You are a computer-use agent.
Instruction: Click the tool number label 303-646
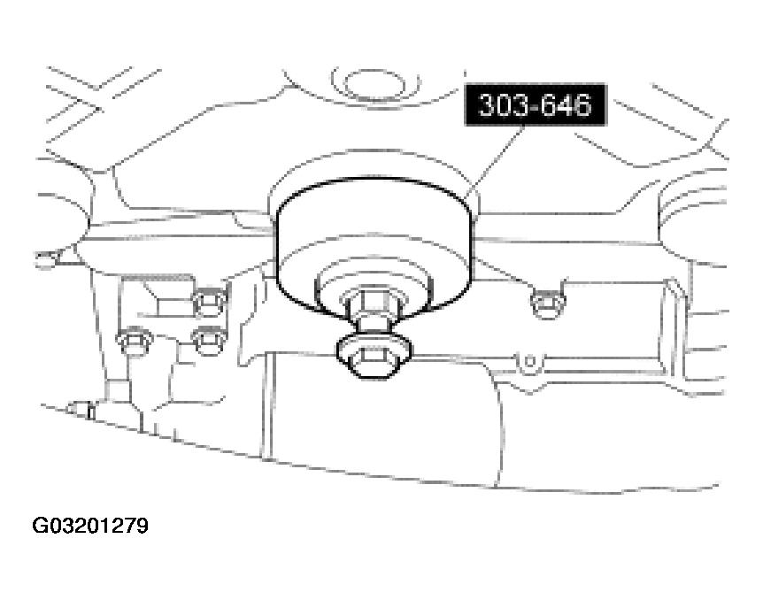point(536,104)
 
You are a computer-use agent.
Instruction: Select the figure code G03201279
point(90,526)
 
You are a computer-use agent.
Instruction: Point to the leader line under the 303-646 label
point(495,162)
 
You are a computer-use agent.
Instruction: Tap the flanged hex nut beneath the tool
point(374,354)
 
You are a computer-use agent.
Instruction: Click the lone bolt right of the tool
point(547,303)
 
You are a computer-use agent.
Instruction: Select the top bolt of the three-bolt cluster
point(210,302)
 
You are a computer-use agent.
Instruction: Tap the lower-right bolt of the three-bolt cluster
point(209,341)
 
